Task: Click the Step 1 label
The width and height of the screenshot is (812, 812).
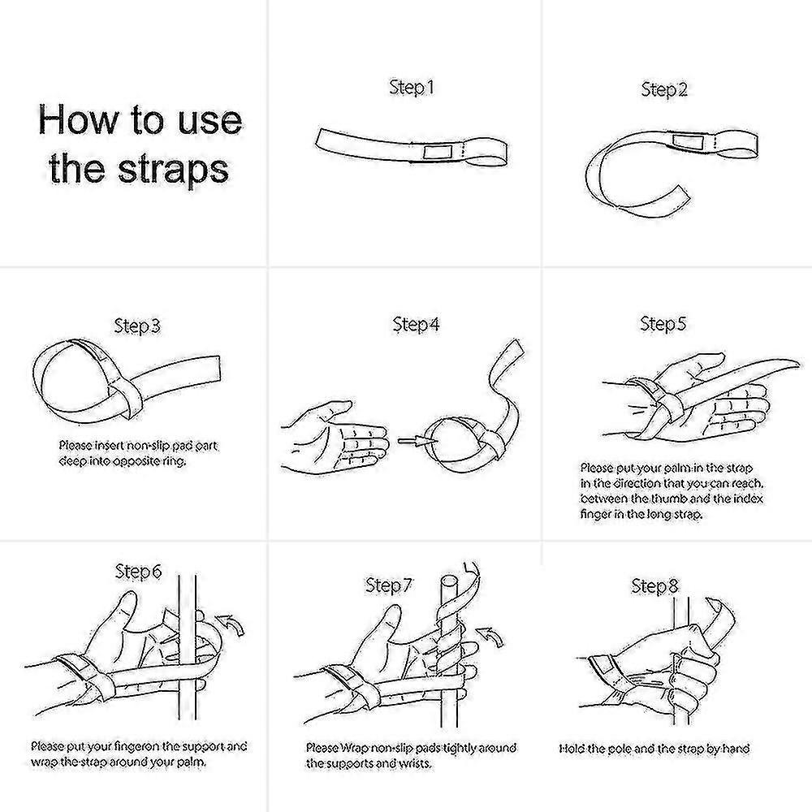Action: (x=411, y=88)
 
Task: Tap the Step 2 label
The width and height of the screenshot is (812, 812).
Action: (x=664, y=89)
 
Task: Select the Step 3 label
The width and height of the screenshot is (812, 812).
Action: (x=137, y=326)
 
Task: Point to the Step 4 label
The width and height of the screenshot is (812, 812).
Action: (x=416, y=324)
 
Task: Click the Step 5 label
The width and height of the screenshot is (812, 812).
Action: (x=663, y=324)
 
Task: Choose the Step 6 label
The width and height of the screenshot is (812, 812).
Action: (x=138, y=571)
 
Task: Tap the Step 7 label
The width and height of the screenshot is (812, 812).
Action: (x=388, y=585)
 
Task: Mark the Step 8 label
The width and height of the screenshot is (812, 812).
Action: (x=654, y=586)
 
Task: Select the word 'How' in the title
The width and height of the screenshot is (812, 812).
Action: (x=78, y=119)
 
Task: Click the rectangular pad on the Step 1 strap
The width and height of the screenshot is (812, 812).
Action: (x=438, y=152)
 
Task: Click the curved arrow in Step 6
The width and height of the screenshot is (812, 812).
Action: (x=231, y=624)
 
